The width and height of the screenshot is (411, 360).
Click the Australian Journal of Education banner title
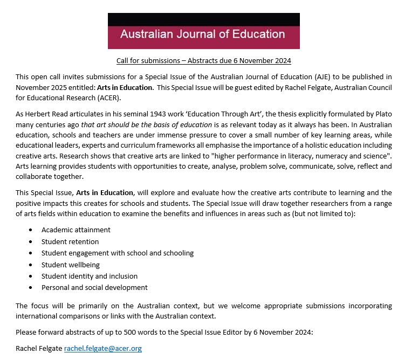[202, 34]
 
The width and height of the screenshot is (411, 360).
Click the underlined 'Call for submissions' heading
[203, 60]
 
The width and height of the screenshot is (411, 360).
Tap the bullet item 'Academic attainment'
[76, 230]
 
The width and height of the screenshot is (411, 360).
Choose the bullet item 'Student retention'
[70, 241]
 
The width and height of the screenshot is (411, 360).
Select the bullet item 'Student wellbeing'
[71, 265]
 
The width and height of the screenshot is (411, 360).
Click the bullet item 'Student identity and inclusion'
[90, 276]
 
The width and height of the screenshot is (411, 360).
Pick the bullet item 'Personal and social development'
[94, 287]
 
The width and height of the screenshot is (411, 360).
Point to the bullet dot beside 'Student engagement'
[30, 253]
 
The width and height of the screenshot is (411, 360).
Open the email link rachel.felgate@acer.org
[102, 349]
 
